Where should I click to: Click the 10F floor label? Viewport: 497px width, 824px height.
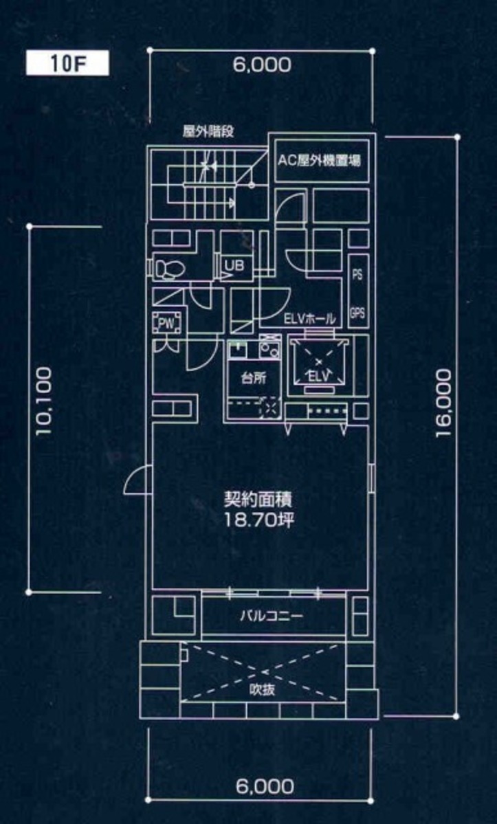[67, 64]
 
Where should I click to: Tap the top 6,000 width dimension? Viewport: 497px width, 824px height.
[262, 65]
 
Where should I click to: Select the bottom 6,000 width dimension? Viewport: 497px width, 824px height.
[264, 786]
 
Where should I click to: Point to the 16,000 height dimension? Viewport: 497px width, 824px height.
[443, 403]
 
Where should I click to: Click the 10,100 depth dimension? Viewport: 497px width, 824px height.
[44, 401]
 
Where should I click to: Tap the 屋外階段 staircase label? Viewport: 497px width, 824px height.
[208, 133]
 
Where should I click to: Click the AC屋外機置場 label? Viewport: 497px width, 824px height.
[320, 161]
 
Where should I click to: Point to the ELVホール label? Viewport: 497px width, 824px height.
[309, 318]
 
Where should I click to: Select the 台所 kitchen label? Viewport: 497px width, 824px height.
[251, 379]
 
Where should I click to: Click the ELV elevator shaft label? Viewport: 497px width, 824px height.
[318, 377]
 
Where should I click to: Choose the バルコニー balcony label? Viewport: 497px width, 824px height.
[272, 616]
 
